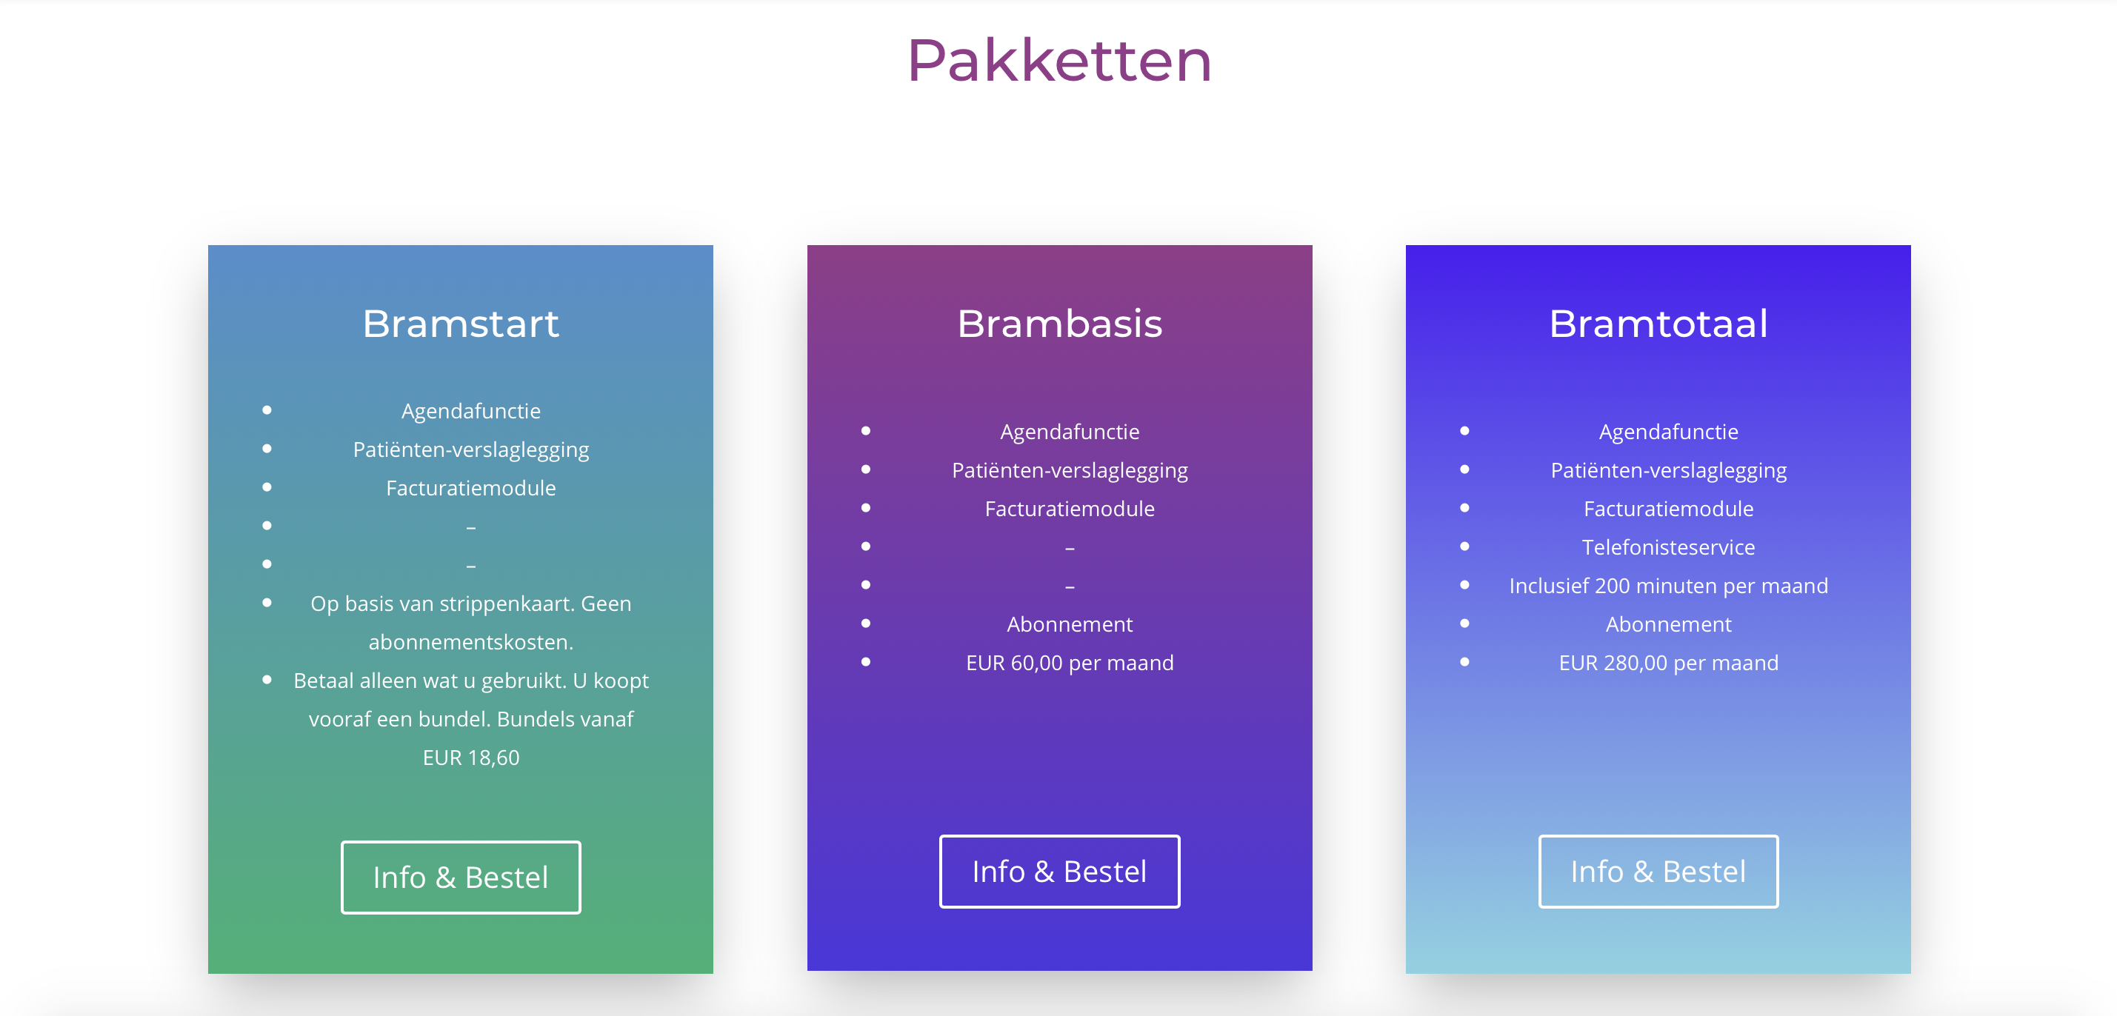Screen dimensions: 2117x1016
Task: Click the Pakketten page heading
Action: (1059, 61)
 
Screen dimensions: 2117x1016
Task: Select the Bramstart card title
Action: (460, 324)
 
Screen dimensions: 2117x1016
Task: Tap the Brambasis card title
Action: (1059, 324)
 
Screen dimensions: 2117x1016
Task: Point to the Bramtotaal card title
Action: (1658, 324)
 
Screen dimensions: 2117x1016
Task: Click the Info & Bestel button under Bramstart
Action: (461, 878)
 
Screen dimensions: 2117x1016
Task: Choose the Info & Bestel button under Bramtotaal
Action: (1658, 872)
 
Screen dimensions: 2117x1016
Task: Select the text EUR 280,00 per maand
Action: (1669, 663)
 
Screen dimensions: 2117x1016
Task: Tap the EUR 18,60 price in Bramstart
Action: (471, 758)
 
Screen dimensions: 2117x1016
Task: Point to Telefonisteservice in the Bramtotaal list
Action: (1669, 547)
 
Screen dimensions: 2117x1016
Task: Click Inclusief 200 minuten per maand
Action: (1669, 586)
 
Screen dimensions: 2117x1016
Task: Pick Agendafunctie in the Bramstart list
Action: (471, 411)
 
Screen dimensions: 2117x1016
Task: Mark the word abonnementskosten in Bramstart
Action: (470, 642)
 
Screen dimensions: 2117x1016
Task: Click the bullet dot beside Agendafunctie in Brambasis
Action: (865, 431)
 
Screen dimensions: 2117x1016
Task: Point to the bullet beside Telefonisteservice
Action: (1464, 547)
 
